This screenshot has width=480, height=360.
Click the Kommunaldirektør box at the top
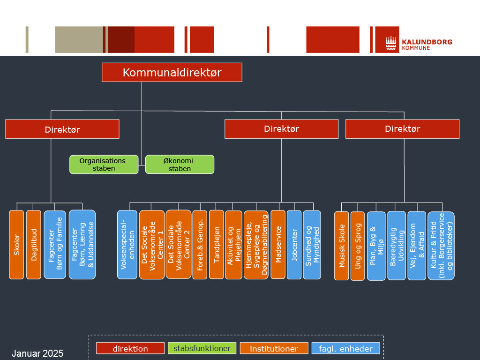pyautogui.click(x=172, y=73)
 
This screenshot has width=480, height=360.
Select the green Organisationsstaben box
pyautogui.click(x=104, y=165)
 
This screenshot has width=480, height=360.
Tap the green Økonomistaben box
pyautogui.click(x=180, y=165)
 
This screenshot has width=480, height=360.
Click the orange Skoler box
pyautogui.click(x=16, y=244)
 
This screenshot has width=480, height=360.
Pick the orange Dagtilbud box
pyautogui.click(x=34, y=244)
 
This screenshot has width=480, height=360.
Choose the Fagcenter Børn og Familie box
pyautogui.click(x=55, y=244)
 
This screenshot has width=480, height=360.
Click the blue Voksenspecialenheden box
pyautogui.click(x=127, y=244)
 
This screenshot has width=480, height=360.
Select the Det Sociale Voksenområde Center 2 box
pyautogui.click(x=179, y=244)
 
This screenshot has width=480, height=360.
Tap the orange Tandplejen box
pyautogui.click(x=216, y=244)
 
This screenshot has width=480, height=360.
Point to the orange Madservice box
pyautogui.click(x=278, y=244)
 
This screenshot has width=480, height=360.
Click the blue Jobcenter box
pyautogui.click(x=294, y=244)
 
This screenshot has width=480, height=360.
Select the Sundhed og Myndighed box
pyautogui.click(x=312, y=244)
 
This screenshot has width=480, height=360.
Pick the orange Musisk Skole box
pyautogui.click(x=341, y=246)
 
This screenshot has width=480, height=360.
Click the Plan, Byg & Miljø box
pyautogui.click(x=376, y=246)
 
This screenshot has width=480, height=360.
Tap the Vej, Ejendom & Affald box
pyautogui.click(x=417, y=246)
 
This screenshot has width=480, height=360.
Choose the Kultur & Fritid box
pyautogui.click(x=441, y=246)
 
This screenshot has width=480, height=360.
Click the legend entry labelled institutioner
pyautogui.click(x=274, y=348)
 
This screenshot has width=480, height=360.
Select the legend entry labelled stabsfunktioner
pyautogui.click(x=202, y=348)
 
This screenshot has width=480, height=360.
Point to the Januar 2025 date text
pyautogui.click(x=37, y=353)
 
